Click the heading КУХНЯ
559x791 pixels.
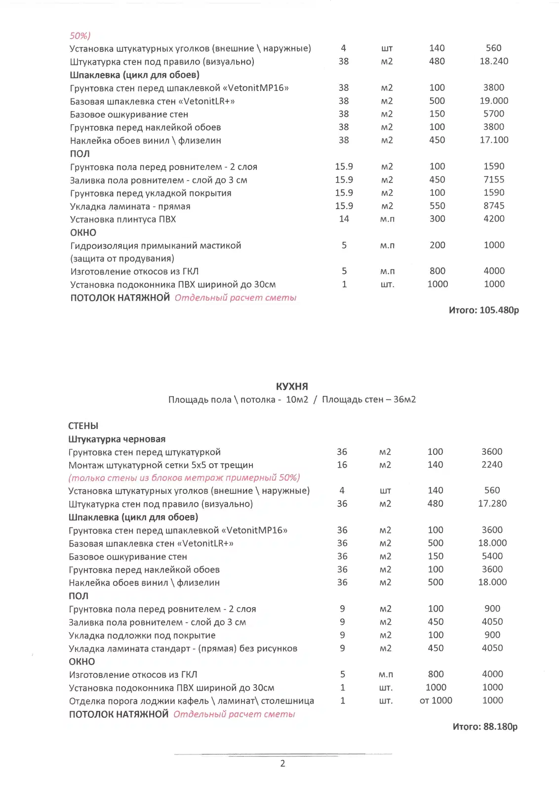click(292, 386)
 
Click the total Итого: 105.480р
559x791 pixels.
click(483, 310)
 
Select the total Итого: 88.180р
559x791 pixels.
click(485, 726)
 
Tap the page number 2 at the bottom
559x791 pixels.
click(282, 763)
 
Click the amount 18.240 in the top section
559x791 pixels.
click(494, 61)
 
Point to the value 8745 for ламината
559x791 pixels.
click(494, 206)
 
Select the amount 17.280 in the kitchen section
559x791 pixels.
click(492, 503)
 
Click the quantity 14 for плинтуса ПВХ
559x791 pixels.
click(344, 219)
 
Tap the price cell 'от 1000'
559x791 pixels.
click(436, 700)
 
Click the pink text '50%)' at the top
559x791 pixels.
click(80, 36)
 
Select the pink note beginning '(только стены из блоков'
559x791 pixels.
click(184, 478)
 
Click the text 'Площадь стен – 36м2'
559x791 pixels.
click(369, 399)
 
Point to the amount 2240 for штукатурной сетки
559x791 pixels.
click(492, 464)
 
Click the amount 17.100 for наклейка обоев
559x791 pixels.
click(494, 140)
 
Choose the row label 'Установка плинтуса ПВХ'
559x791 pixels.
click(123, 219)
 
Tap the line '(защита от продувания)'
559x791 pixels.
click(122, 258)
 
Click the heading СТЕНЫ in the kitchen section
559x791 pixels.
click(83, 426)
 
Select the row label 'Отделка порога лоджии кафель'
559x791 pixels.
click(191, 701)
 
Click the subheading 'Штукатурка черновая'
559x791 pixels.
click(117, 439)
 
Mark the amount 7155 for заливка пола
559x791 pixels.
click(494, 179)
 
